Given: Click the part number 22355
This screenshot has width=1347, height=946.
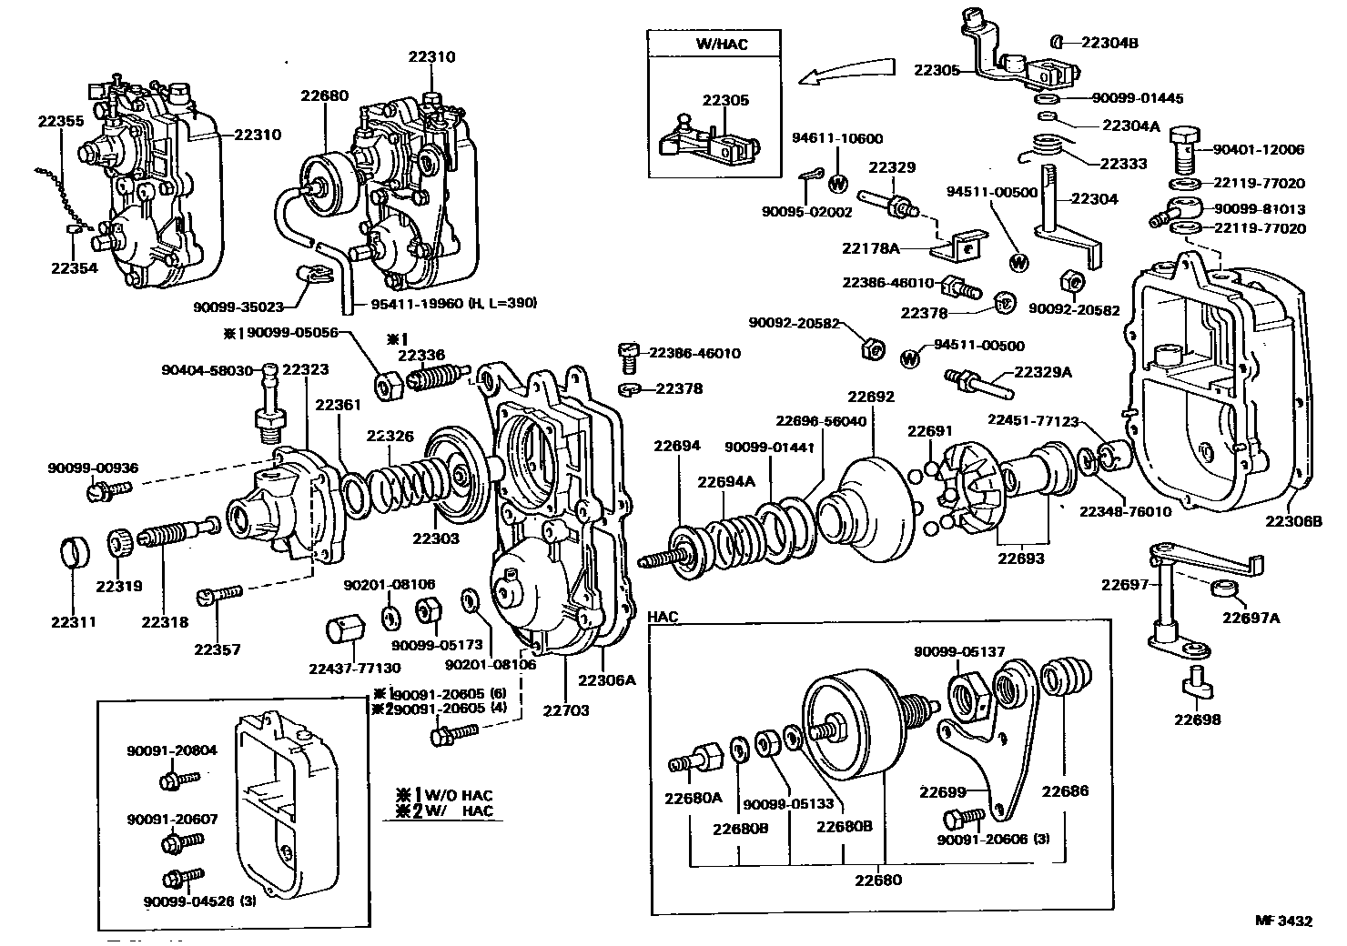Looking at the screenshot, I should (61, 121).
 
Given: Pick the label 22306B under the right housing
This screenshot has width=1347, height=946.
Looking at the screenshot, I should (1292, 520).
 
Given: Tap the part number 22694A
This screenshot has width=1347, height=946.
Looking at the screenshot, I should (726, 481).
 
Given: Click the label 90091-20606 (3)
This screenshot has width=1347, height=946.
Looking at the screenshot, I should (993, 839).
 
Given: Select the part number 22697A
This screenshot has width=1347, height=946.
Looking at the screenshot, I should (1251, 619).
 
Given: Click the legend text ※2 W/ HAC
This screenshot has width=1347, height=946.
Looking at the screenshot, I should (441, 810).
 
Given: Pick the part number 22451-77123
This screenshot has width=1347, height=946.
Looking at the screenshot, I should (1033, 420).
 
